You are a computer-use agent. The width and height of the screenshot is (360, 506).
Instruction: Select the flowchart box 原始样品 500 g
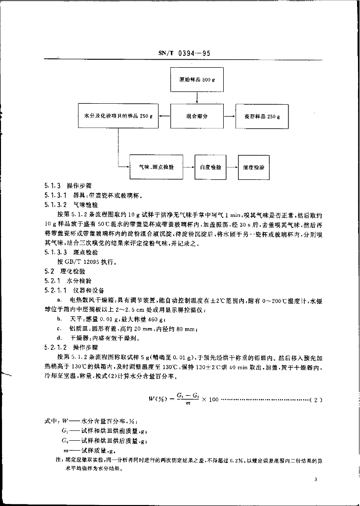197,80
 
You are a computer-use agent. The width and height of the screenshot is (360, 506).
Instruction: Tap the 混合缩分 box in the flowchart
197,117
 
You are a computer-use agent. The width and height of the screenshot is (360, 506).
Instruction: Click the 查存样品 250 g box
262,117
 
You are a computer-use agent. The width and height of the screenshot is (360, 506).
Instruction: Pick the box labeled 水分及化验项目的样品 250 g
118,117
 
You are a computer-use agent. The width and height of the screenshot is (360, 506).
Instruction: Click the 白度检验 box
210,168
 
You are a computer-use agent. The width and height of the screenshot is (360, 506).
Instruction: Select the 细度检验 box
254,168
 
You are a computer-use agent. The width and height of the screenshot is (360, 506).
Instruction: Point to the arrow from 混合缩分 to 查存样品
229,117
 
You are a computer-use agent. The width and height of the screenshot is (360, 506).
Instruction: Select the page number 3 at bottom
315,480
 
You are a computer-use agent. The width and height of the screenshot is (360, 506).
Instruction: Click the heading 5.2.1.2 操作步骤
71,347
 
